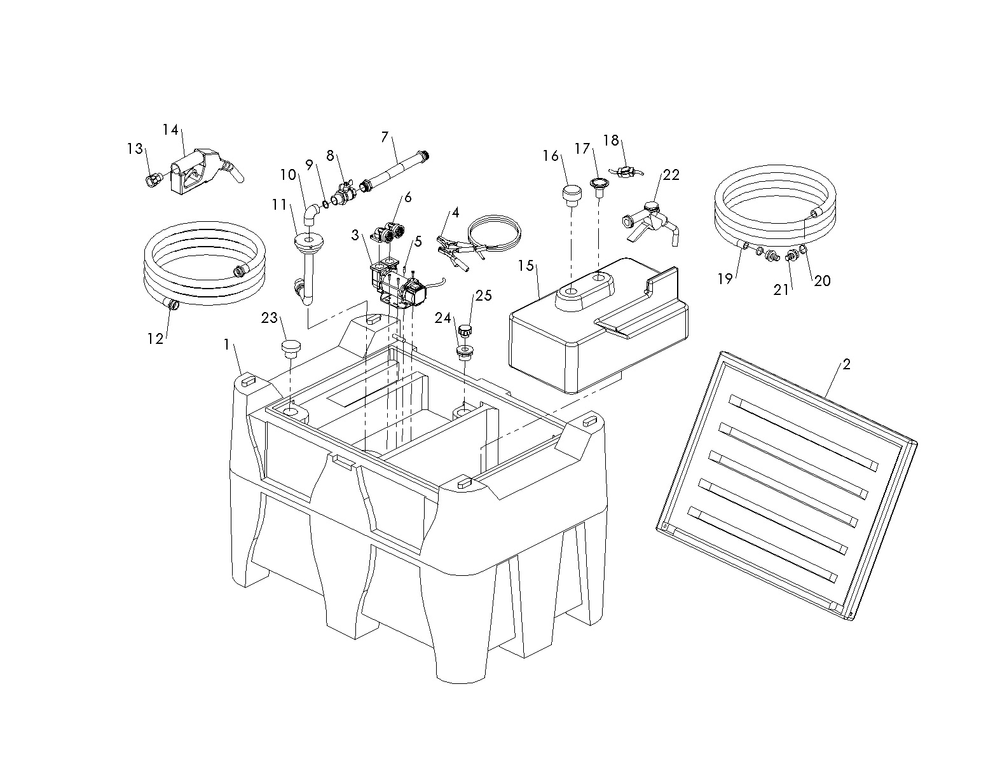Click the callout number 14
click(x=170, y=130)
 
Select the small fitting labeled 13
click(x=153, y=181)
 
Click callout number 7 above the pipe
click(x=385, y=137)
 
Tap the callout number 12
click(x=155, y=339)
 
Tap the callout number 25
click(x=483, y=296)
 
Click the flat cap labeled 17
click(x=599, y=184)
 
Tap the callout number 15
click(x=526, y=265)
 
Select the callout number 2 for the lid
click(x=846, y=364)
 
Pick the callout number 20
click(x=822, y=280)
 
